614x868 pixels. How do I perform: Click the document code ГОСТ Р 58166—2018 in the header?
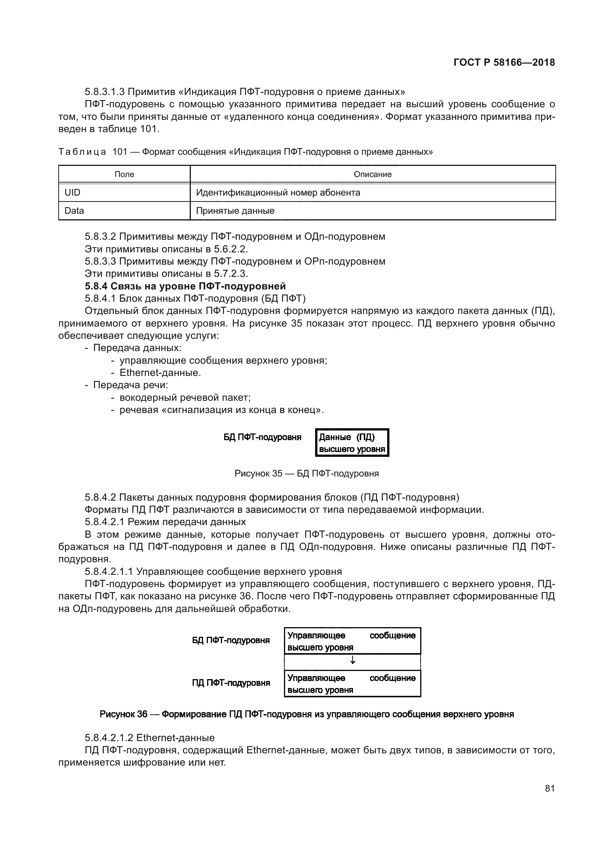click(x=504, y=62)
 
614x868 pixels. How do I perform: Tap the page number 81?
click(x=550, y=788)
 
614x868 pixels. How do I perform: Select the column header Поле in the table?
click(x=124, y=174)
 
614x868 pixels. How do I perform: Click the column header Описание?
click(x=372, y=174)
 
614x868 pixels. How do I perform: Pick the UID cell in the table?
click(x=73, y=193)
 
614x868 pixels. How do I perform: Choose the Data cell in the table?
click(x=74, y=210)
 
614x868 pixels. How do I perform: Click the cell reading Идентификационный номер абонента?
click(x=278, y=193)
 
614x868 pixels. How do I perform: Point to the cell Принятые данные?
click(x=235, y=210)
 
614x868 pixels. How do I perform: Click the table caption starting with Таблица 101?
click(x=246, y=152)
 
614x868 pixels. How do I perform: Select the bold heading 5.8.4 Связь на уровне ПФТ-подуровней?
click(x=185, y=286)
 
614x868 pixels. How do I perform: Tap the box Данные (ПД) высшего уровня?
click(x=352, y=443)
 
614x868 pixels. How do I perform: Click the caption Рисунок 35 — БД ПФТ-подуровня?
click(x=307, y=473)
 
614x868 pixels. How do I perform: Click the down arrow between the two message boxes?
click(x=352, y=661)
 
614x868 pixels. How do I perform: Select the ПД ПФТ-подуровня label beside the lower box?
click(x=231, y=683)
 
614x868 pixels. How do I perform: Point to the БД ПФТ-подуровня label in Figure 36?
click(x=231, y=640)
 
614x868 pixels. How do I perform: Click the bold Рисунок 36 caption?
click(x=307, y=714)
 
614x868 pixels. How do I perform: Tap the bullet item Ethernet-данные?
click(x=160, y=373)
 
